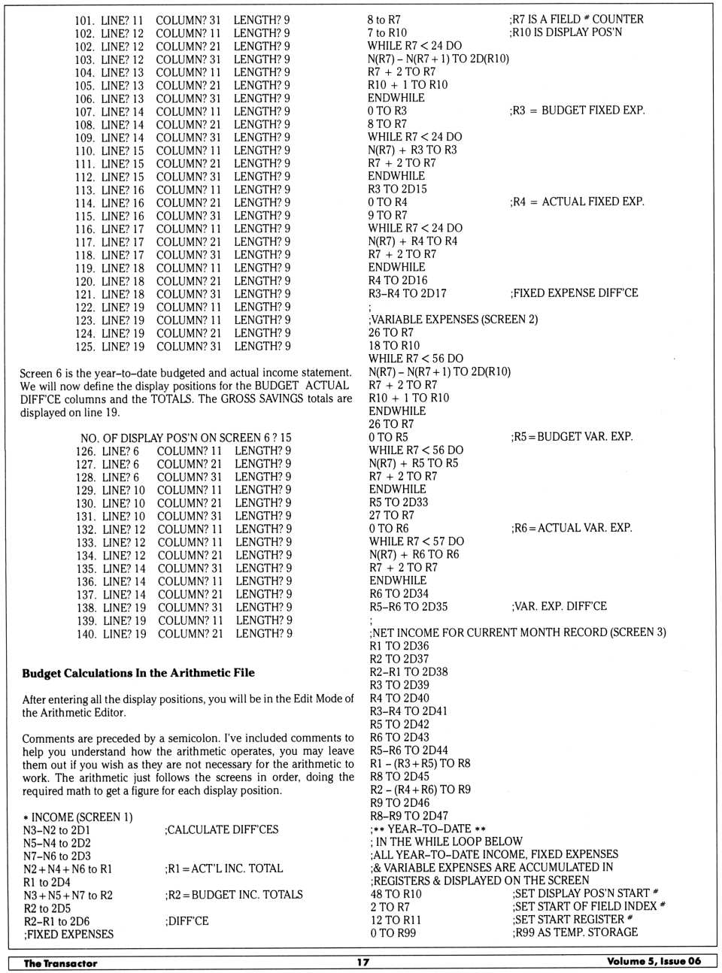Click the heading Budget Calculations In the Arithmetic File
[x=138, y=673]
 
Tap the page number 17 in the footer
[x=363, y=962]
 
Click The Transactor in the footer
[x=60, y=962]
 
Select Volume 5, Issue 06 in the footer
[x=653, y=961]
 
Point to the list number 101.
[x=84, y=20]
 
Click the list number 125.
[x=85, y=347]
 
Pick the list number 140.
[x=86, y=634]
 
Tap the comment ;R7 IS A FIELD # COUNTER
[x=576, y=19]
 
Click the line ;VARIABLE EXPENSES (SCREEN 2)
[x=453, y=319]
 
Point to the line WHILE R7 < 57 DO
[x=416, y=541]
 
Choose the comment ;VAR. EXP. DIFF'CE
[x=559, y=606]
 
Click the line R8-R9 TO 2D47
[x=408, y=815]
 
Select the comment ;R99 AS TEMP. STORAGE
[x=575, y=932]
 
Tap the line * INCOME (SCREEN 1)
[x=77, y=817]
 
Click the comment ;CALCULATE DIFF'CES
[x=221, y=829]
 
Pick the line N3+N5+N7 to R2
[x=68, y=895]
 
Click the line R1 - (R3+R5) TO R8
[x=420, y=763]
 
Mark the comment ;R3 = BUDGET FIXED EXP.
[x=577, y=110]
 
